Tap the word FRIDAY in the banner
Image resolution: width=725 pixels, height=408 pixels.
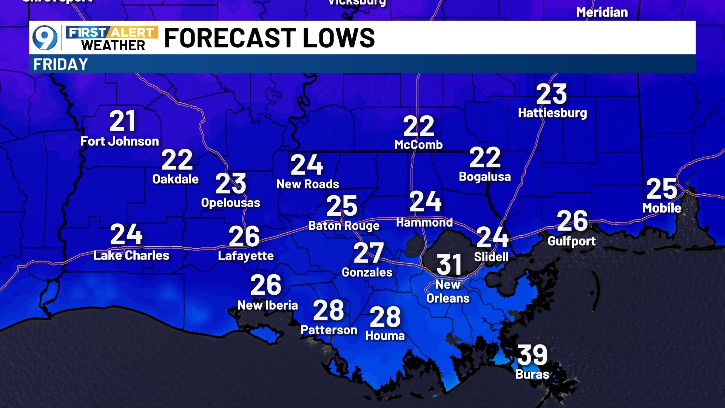tap(60, 64)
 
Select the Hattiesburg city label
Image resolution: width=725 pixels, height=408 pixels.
tap(552, 113)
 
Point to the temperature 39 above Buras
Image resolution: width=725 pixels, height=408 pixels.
tap(532, 354)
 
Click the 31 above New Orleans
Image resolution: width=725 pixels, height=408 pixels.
tap(449, 264)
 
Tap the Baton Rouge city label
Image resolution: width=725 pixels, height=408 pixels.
tap(344, 226)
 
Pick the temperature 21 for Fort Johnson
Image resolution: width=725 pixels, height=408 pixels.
tap(122, 121)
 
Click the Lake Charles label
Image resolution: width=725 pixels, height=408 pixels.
tap(131, 255)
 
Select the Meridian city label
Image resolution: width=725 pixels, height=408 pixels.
tap(602, 12)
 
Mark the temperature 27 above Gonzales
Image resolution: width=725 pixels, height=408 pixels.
tap(369, 253)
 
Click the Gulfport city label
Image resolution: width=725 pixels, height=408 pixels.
tap(572, 241)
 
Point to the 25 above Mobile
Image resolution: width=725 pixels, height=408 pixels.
tap(662, 189)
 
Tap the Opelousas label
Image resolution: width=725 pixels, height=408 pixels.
tap(231, 202)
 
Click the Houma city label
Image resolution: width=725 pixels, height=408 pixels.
tap(385, 335)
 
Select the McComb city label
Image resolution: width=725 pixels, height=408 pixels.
tap(418, 144)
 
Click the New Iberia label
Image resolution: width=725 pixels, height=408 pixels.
tap(267, 305)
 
